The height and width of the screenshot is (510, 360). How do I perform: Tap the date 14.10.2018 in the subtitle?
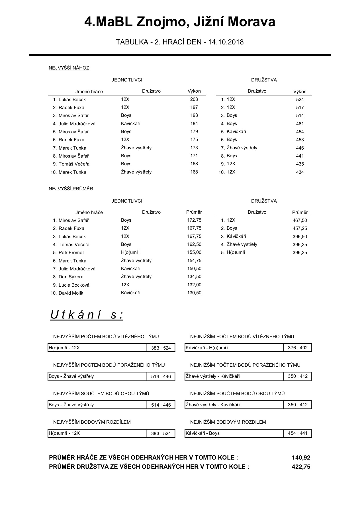(226, 42)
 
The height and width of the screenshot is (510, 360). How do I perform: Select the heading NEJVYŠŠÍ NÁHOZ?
(69, 68)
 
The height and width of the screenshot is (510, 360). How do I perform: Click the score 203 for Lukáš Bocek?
(194, 99)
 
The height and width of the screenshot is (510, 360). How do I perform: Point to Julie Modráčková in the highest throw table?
(77, 124)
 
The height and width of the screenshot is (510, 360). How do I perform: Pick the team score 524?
(300, 100)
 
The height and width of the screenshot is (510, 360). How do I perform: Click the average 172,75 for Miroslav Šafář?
(194, 220)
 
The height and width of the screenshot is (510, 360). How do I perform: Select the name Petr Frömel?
(71, 253)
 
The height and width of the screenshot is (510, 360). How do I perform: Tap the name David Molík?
(71, 293)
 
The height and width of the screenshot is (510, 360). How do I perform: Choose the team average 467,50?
(300, 221)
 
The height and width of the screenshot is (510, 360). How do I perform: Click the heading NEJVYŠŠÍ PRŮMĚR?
(71, 189)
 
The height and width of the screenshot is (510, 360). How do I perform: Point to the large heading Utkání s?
(87, 315)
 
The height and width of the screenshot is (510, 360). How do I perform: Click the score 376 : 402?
(298, 348)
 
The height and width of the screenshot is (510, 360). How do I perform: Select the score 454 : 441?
(298, 433)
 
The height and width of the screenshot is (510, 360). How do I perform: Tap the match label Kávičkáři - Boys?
(203, 433)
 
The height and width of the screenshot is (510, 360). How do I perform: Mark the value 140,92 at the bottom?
(301, 458)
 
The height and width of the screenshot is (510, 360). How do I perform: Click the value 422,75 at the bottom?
(301, 467)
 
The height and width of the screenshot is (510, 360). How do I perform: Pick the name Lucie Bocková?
(74, 285)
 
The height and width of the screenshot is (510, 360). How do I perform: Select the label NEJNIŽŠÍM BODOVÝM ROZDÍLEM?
(228, 422)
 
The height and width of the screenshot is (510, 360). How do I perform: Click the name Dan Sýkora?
(71, 277)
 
